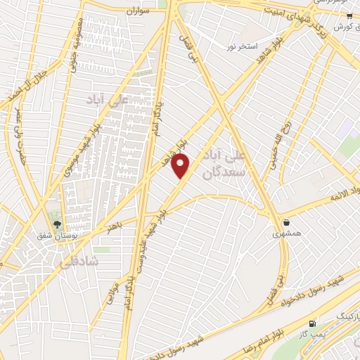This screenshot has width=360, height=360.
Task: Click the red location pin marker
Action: pyautogui.click(x=181, y=165)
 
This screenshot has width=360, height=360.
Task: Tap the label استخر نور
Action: pyautogui.click(x=239, y=46)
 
